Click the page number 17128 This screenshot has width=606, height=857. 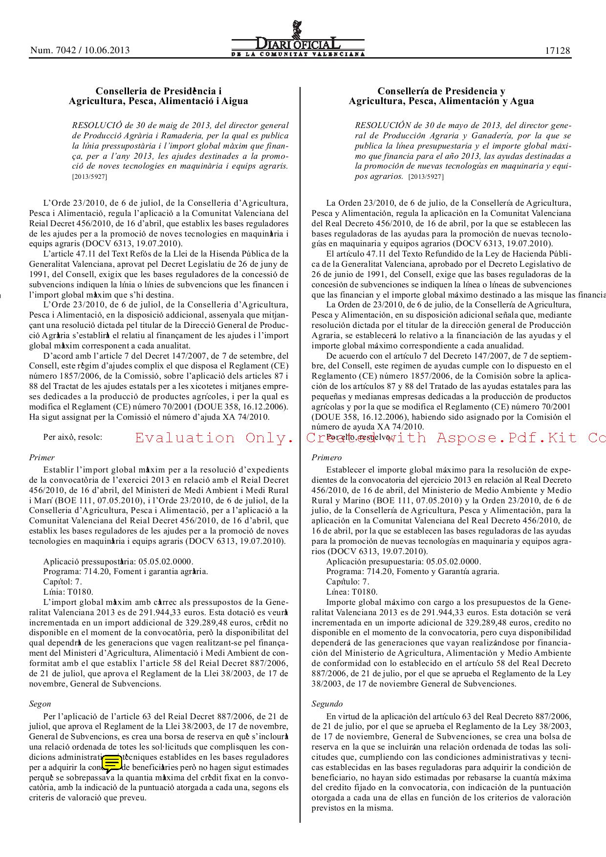558,50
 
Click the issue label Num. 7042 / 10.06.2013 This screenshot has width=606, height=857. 80,50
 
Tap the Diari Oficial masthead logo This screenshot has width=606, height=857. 298,42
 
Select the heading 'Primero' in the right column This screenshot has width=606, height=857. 326,458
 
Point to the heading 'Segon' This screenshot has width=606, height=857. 40,704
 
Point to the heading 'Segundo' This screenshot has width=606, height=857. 327,704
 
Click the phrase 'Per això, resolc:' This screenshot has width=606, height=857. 73,437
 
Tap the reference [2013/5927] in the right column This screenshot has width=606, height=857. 426,177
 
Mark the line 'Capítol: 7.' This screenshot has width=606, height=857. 63,582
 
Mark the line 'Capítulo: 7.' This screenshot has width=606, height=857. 348,582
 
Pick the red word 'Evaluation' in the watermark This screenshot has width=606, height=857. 185,438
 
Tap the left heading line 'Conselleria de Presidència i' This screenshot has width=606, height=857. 158,91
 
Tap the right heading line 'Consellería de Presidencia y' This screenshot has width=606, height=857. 441,91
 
